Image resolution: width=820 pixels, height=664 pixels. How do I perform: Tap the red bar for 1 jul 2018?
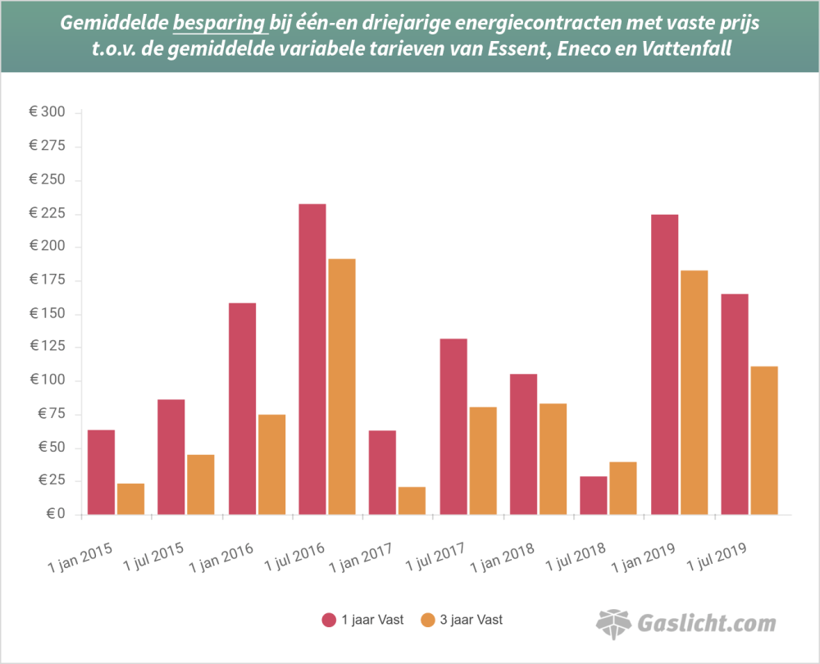tap(594, 495)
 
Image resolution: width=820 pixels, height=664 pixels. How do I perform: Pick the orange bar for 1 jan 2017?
tap(412, 500)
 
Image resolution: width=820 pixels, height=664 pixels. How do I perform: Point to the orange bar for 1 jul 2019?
tap(764, 440)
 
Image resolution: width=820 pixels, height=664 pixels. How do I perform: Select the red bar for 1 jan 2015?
tap(101, 472)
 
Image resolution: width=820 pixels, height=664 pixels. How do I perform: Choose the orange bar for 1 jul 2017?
tap(483, 461)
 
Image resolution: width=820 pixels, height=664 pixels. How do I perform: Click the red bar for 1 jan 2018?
tap(523, 444)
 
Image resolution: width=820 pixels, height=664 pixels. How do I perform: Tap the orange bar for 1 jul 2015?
tap(200, 484)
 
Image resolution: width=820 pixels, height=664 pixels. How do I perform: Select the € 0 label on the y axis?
tap(54, 515)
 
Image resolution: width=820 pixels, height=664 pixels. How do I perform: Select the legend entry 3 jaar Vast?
tap(462, 620)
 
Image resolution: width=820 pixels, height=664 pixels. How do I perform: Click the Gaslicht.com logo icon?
tap(613, 624)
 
